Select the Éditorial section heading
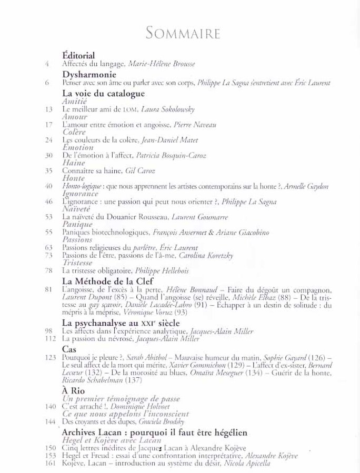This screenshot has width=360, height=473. coord(78,55)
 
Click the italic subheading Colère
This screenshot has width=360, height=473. coord(74,133)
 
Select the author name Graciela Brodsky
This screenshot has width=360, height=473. coord(168,422)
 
